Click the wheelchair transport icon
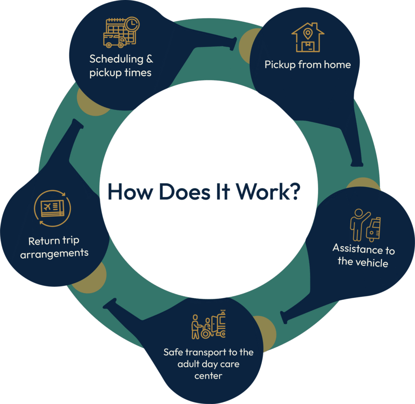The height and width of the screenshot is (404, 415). [x=208, y=325]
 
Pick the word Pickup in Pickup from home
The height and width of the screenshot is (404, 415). [x=280, y=64]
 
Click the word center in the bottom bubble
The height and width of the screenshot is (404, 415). [x=208, y=375]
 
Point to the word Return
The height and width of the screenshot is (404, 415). [x=43, y=241]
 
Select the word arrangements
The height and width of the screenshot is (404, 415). [x=54, y=254]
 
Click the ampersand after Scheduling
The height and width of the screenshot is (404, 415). [x=149, y=59]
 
